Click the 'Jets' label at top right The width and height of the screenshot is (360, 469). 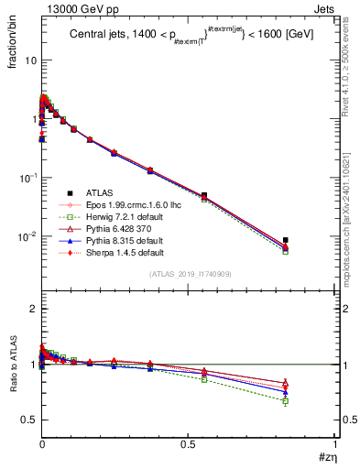[x=324, y=8]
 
